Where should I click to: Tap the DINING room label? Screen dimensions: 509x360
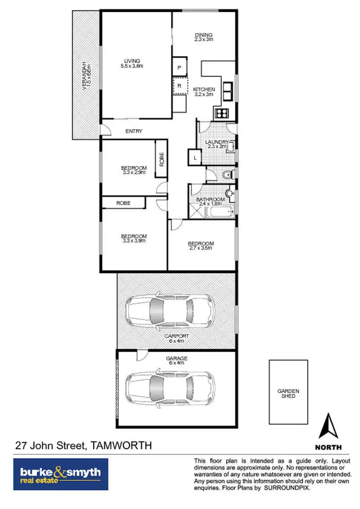204,37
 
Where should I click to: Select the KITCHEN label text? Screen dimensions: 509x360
204,92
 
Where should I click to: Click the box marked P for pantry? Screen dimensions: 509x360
180,68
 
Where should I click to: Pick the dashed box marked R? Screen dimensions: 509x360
180,86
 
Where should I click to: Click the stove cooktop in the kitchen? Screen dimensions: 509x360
223,114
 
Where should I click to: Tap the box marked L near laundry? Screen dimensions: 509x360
194,157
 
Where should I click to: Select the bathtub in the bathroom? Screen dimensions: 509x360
218,211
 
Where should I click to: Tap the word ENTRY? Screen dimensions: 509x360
133,131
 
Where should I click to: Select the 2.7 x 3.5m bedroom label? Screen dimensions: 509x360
201,246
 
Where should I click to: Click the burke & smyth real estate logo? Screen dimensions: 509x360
60,474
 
